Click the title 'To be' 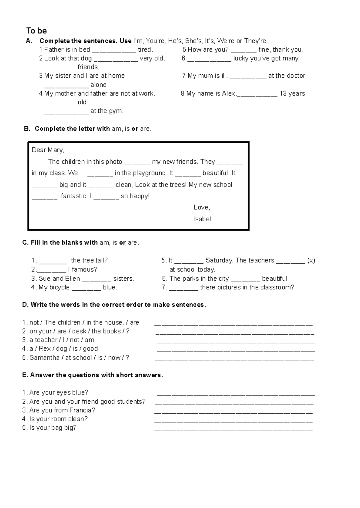point(36,31)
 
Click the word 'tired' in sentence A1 point(145,50)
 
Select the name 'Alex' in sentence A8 point(229,94)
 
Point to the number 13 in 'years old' point(283,94)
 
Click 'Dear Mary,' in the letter point(48,150)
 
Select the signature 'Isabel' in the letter point(202,219)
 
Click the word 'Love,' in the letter point(202,208)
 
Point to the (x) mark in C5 point(311,261)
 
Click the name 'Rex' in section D point(44,349)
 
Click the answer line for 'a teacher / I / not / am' point(236,342)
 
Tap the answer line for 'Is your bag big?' point(233,430)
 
